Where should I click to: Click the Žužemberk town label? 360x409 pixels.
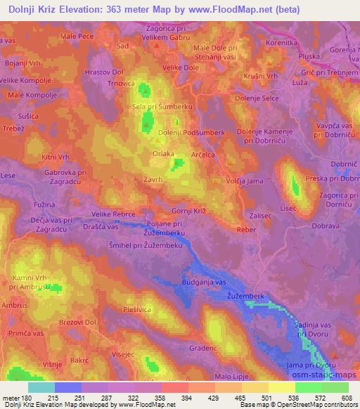tap(245, 297)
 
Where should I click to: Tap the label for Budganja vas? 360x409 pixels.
tap(203, 280)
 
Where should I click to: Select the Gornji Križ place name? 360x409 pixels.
tap(189, 212)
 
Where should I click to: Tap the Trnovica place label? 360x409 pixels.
tap(121, 83)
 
